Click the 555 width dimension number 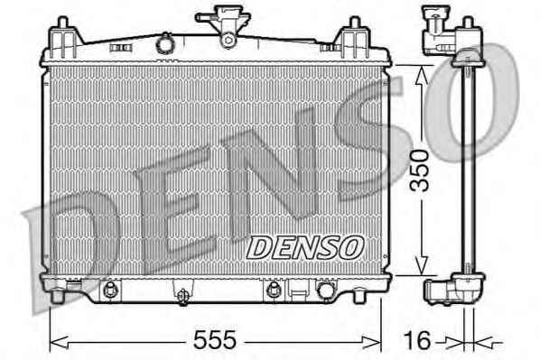coord(215,339)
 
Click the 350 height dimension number coord(419,171)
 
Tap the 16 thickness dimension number coord(417,340)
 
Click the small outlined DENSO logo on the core coord(305,248)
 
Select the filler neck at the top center coord(223,25)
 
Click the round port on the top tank coord(165,44)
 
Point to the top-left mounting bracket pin coord(62,23)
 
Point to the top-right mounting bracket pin coord(355,23)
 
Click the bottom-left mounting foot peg coord(57,297)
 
